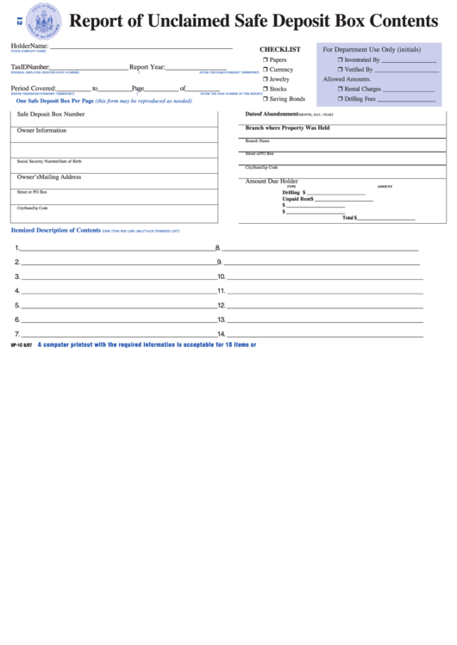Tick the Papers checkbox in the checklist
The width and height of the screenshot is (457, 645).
(x=266, y=60)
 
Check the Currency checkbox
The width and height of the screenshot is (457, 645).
(x=266, y=70)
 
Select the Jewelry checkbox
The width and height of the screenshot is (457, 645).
(x=266, y=79)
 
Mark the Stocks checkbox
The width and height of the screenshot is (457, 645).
(x=266, y=89)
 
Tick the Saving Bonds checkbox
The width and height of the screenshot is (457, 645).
(x=266, y=99)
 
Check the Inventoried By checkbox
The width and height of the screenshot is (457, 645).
(x=341, y=60)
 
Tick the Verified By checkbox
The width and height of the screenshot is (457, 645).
(x=341, y=70)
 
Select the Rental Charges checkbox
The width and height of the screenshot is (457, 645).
(x=341, y=89)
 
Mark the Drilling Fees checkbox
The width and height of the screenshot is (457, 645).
(x=341, y=99)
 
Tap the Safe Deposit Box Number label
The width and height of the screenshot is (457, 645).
(x=51, y=114)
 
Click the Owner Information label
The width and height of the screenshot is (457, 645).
(x=41, y=131)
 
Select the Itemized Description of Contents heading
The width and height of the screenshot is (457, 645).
(x=55, y=231)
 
